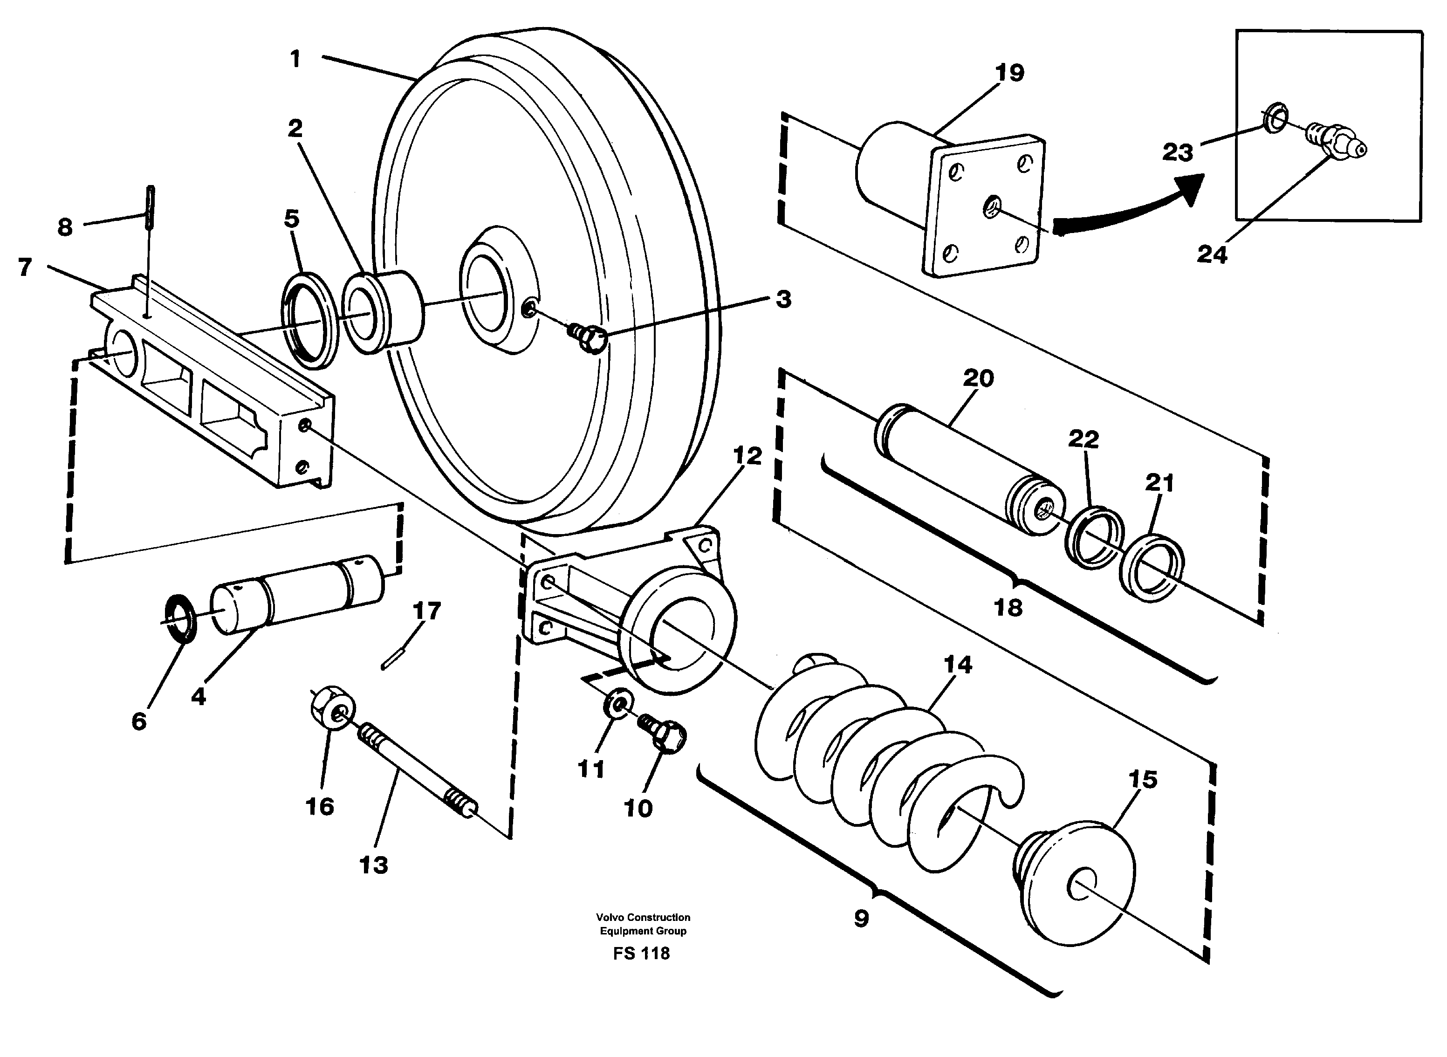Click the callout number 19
point(1009,74)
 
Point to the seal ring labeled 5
point(309,319)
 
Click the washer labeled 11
point(618,703)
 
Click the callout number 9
point(861,919)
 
